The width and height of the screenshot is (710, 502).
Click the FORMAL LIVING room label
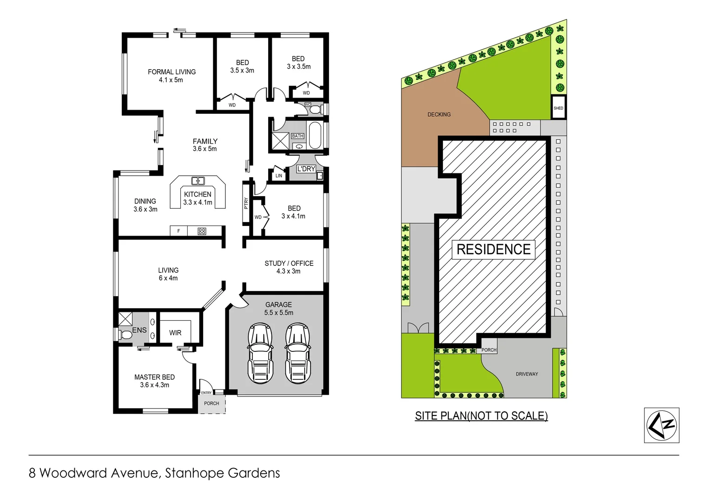coord(171,72)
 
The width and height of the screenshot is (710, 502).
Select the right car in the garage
coord(297,353)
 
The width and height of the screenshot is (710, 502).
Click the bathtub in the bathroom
coord(315,134)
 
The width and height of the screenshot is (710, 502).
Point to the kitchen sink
coord(198,181)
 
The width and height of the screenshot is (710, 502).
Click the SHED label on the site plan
coord(558,108)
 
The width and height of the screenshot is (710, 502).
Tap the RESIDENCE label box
coord(493,250)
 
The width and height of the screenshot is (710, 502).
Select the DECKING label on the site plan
coord(439,114)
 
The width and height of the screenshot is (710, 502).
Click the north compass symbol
coord(662,425)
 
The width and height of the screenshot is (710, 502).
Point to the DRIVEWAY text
coord(526,374)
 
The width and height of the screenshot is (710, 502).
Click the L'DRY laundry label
coord(306,169)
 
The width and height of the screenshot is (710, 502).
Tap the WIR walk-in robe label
coord(175,333)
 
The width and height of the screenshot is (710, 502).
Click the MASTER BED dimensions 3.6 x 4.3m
coord(155,385)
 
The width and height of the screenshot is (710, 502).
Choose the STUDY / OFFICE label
coord(289,264)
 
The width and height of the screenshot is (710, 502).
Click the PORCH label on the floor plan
coord(211,403)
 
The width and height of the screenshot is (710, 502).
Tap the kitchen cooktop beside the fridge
coord(202,231)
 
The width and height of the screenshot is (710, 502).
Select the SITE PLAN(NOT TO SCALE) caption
coord(481,416)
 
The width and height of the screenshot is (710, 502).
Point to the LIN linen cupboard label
coord(278,176)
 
